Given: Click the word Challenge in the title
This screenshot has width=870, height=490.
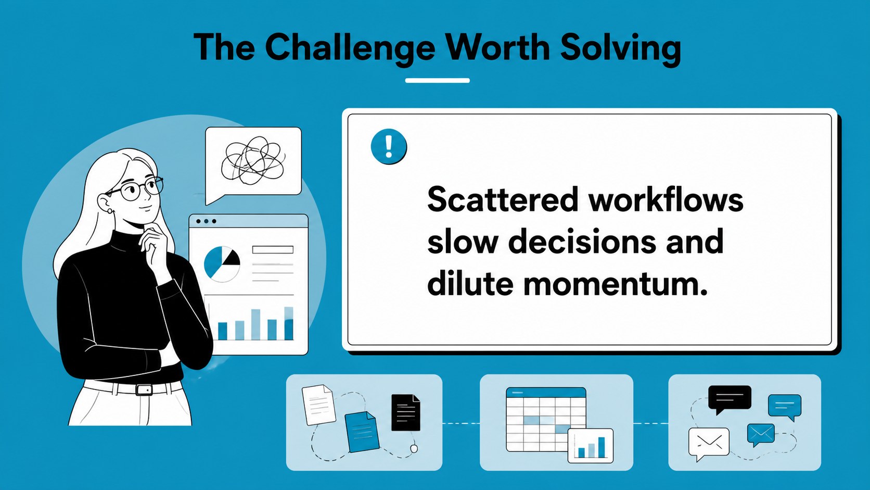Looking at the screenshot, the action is [350, 48].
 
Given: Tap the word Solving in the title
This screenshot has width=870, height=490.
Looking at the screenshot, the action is [621, 47].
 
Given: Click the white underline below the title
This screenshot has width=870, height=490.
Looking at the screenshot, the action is [437, 80].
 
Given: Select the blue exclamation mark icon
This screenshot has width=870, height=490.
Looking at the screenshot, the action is [389, 146].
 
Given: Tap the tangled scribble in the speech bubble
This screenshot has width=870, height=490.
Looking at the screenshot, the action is [253, 160].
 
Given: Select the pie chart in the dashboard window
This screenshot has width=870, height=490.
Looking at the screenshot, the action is [222, 263].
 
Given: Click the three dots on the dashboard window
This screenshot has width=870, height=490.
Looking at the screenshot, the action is [206, 221].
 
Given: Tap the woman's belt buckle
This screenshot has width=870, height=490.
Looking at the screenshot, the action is [144, 390].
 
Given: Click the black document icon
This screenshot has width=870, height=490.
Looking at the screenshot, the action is [405, 412].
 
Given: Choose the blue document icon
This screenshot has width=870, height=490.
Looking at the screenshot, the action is [362, 432].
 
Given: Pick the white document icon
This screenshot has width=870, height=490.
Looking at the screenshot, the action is [319, 405].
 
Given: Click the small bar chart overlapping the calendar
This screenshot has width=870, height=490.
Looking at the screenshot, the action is [591, 445].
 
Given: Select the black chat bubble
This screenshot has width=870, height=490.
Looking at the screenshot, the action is [730, 399].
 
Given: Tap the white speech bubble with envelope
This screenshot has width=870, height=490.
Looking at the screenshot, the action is [709, 443].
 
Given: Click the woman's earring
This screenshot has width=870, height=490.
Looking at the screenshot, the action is [110, 211].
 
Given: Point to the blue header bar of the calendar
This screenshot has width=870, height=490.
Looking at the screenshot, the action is [546, 392].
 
